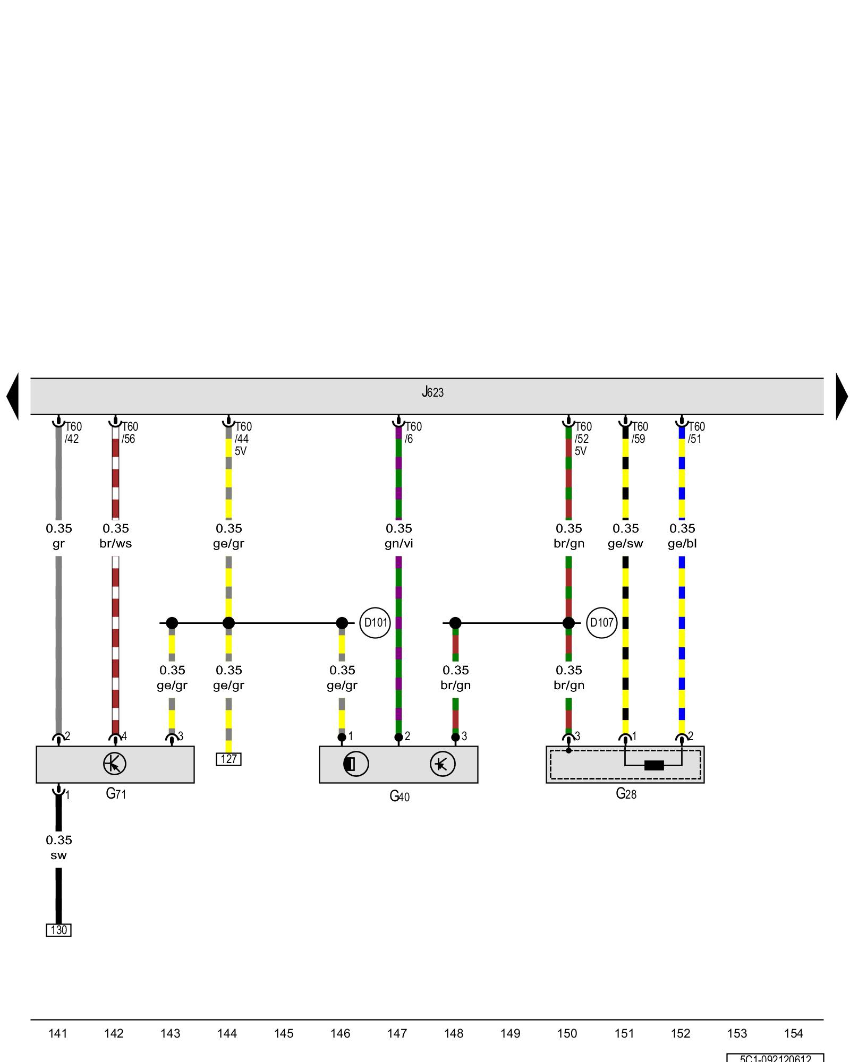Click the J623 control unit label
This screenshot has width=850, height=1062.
point(432,392)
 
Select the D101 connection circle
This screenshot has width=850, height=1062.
point(375,622)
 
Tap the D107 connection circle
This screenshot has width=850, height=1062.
point(601,622)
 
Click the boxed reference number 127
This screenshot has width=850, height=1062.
point(228,759)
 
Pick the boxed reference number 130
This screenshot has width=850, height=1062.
point(58,930)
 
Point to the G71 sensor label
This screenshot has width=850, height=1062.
point(116,794)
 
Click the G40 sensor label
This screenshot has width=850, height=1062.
point(399,796)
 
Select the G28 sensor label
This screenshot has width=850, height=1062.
point(626,794)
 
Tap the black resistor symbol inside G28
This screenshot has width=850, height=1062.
point(653,765)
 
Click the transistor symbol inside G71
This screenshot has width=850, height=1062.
point(115,764)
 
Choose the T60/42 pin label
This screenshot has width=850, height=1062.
point(73,433)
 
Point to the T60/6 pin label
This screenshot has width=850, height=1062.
point(413,433)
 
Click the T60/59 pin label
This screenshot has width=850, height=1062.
point(639,433)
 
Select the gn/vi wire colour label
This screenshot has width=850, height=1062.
point(398,544)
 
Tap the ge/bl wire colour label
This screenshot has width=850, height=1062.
point(682,544)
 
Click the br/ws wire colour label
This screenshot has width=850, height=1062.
point(115,544)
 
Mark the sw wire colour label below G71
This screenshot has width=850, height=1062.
point(58,855)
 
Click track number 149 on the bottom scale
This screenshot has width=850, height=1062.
point(510,1033)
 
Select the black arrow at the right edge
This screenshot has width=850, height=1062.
point(841,396)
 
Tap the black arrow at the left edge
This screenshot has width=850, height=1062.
point(13,396)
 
